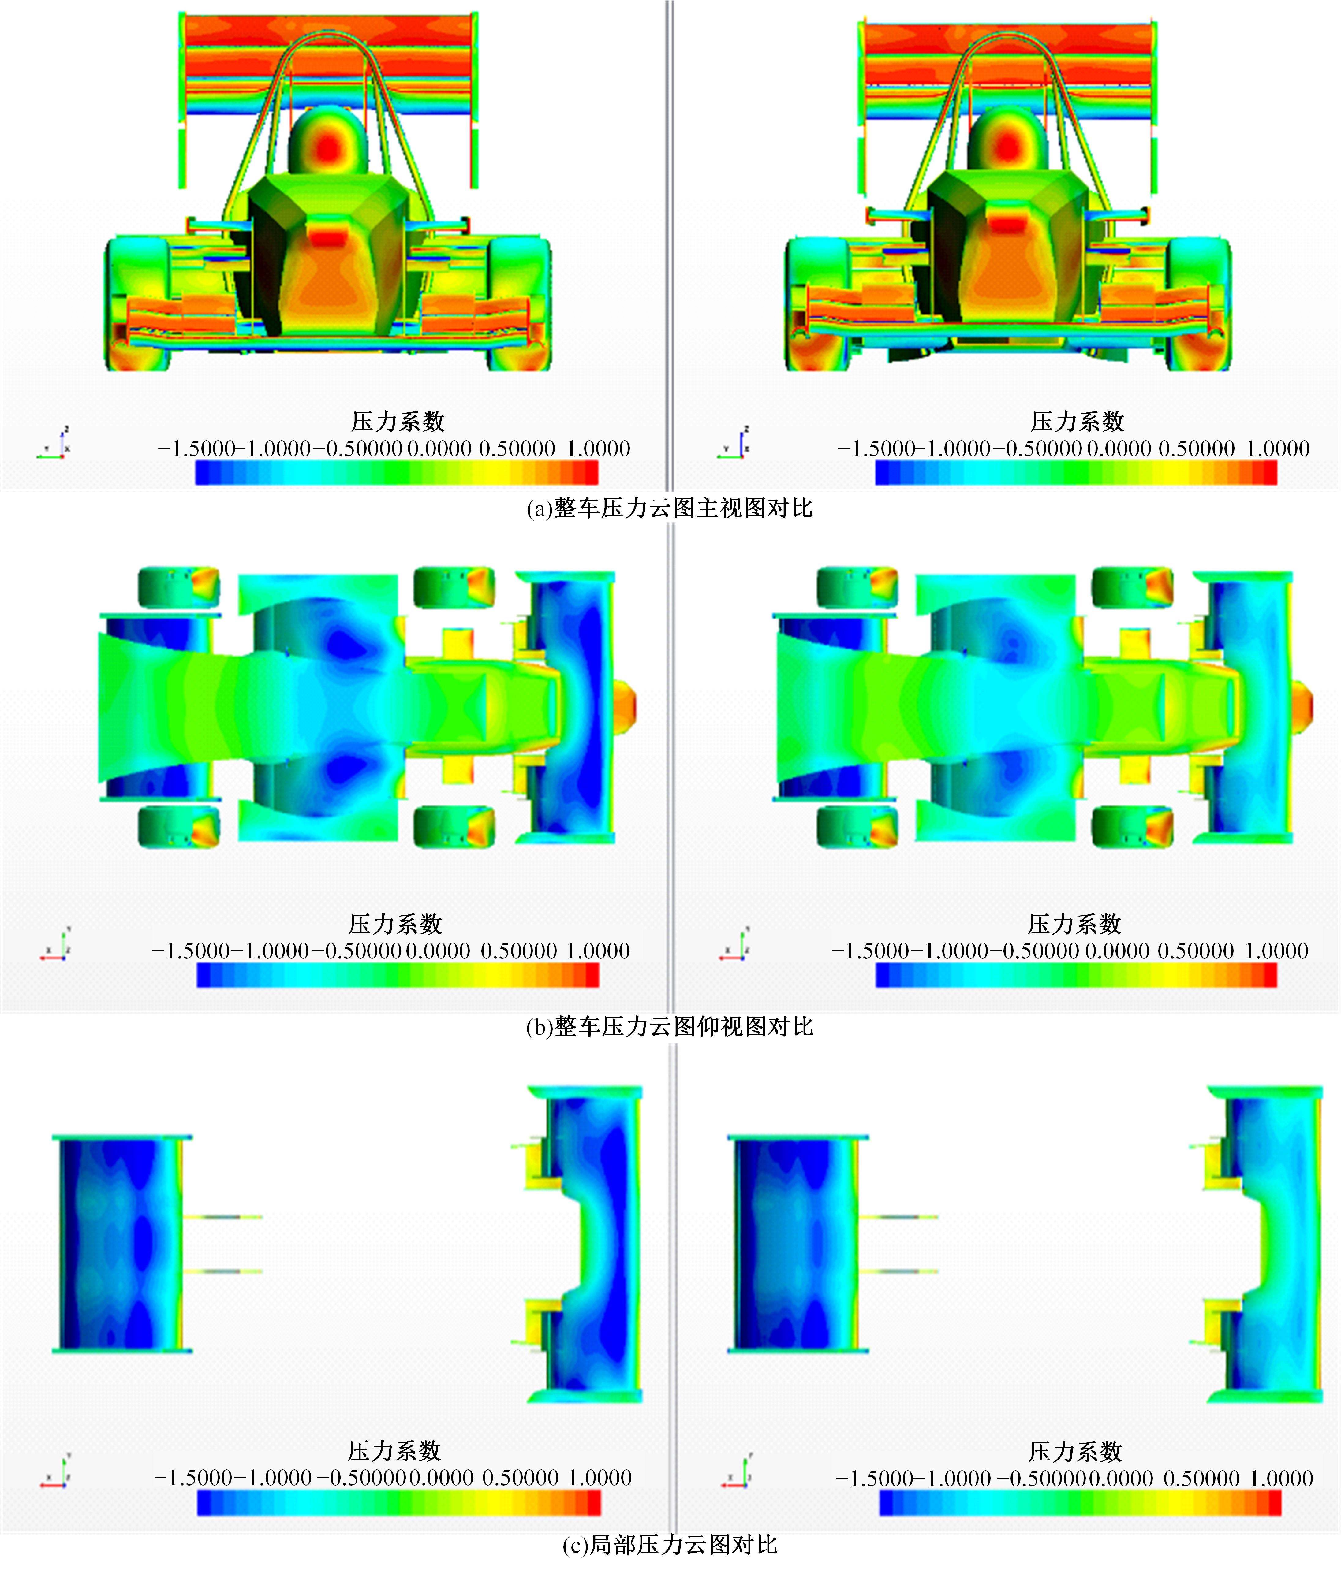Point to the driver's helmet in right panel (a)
tap(1007, 146)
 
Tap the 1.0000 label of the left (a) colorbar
tap(598, 448)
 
